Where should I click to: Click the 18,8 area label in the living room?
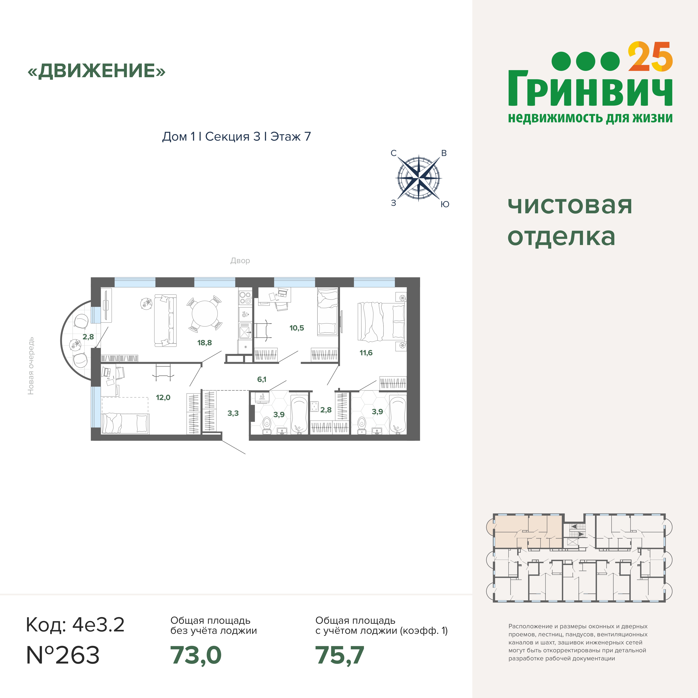204,343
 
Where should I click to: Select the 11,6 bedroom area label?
366,353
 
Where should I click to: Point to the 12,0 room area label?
163,397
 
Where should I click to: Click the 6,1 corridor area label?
262,379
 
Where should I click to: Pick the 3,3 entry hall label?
233,413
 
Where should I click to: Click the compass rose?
419,178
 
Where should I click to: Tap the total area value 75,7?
340,655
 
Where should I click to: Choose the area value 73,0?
196,655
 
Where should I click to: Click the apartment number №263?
63,655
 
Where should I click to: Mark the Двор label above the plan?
240,261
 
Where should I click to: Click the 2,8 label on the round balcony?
88,337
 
